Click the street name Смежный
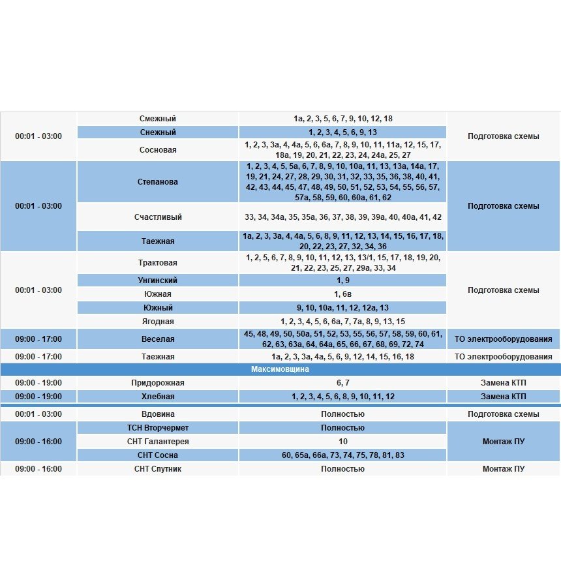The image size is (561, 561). click(x=158, y=119)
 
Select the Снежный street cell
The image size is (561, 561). click(x=158, y=132)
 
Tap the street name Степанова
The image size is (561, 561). click(x=158, y=182)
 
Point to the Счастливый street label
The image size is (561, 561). click(x=158, y=217)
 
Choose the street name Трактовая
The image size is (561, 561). click(x=158, y=263)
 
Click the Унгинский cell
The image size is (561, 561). click(x=158, y=280)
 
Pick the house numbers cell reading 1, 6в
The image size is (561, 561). click(x=342, y=294)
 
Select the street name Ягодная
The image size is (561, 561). click(x=158, y=322)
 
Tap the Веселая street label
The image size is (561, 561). click(x=158, y=339)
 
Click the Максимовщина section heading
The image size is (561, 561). click(x=280, y=369)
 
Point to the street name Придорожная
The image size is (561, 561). click(x=158, y=383)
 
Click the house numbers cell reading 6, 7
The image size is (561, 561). click(x=342, y=383)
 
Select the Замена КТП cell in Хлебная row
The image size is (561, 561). click(x=503, y=397)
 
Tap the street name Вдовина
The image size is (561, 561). click(x=158, y=414)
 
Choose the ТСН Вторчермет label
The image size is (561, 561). click(x=158, y=428)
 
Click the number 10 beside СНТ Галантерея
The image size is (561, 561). click(x=342, y=442)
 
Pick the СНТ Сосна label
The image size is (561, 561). click(x=158, y=455)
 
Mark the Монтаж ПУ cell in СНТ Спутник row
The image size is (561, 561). click(x=503, y=469)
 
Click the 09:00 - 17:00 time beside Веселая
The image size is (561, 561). click(x=38, y=339)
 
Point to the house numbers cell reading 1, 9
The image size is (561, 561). click(x=342, y=280)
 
